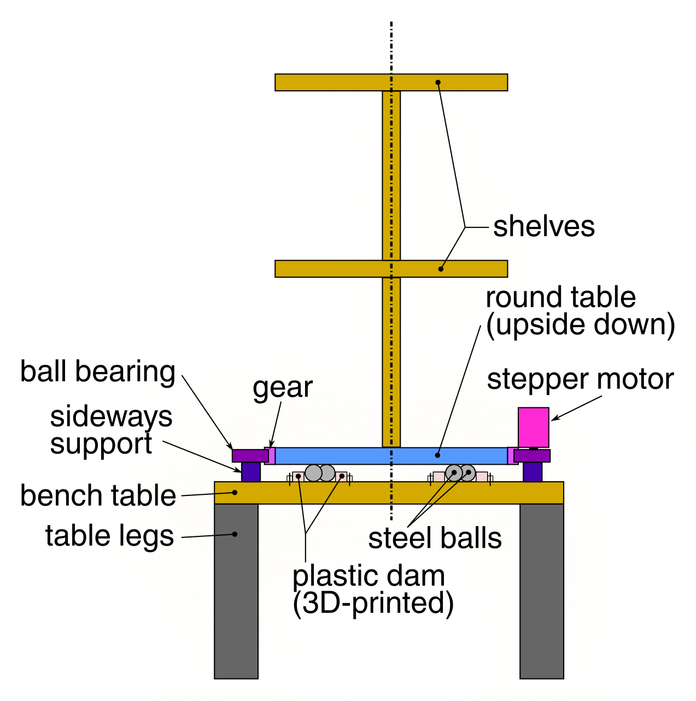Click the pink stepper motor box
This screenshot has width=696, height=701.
pyautogui.click(x=533, y=427)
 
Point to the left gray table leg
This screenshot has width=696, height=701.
pyautogui.click(x=236, y=591)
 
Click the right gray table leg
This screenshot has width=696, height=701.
pyautogui.click(x=541, y=591)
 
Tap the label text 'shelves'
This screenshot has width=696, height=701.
pyautogui.click(x=543, y=226)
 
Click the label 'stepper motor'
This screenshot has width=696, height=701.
pyautogui.click(x=580, y=379)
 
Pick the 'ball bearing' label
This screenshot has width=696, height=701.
pyautogui.click(x=97, y=372)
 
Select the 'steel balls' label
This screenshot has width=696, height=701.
pyautogui.click(x=435, y=538)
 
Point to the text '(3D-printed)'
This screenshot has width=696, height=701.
pyautogui.click(x=373, y=603)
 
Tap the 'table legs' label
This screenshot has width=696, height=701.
pyautogui.click(x=109, y=536)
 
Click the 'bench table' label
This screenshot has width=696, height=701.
pyautogui.click(x=98, y=496)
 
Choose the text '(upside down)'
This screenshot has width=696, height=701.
pyautogui.click(x=580, y=325)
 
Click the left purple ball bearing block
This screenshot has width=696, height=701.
pyautogui.click(x=249, y=455)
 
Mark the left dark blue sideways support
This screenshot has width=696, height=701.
pyautogui.click(x=251, y=472)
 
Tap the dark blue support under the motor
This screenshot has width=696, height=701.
pyautogui.click(x=532, y=472)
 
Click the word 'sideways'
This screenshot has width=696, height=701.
pyautogui.click(x=111, y=417)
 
